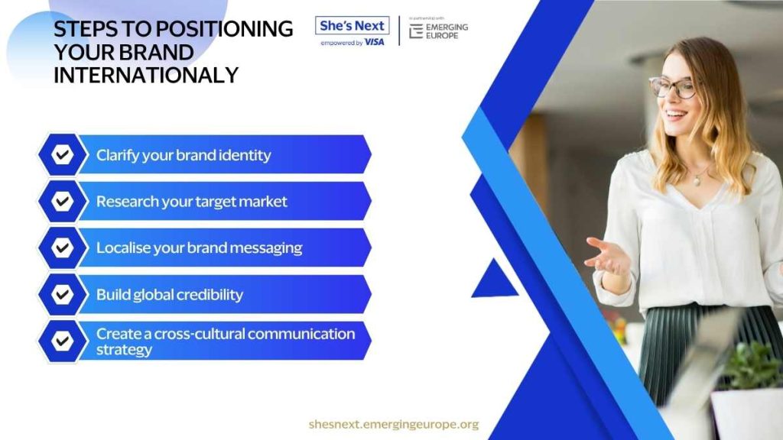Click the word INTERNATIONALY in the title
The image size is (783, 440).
click(x=146, y=76)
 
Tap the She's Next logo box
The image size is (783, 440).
click(x=352, y=25)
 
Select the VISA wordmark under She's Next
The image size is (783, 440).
click(x=375, y=43)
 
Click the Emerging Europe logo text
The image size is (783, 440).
click(x=447, y=31)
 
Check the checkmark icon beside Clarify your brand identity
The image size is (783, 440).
click(x=63, y=154)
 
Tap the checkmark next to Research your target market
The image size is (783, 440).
click(x=63, y=201)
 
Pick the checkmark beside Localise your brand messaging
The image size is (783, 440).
click(x=63, y=247)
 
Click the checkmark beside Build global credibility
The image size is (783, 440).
click(x=63, y=294)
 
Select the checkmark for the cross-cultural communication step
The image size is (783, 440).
click(x=63, y=341)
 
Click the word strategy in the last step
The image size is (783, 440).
click(x=125, y=350)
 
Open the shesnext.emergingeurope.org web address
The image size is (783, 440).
click(x=394, y=424)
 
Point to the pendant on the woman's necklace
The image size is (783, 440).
click(x=697, y=182)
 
